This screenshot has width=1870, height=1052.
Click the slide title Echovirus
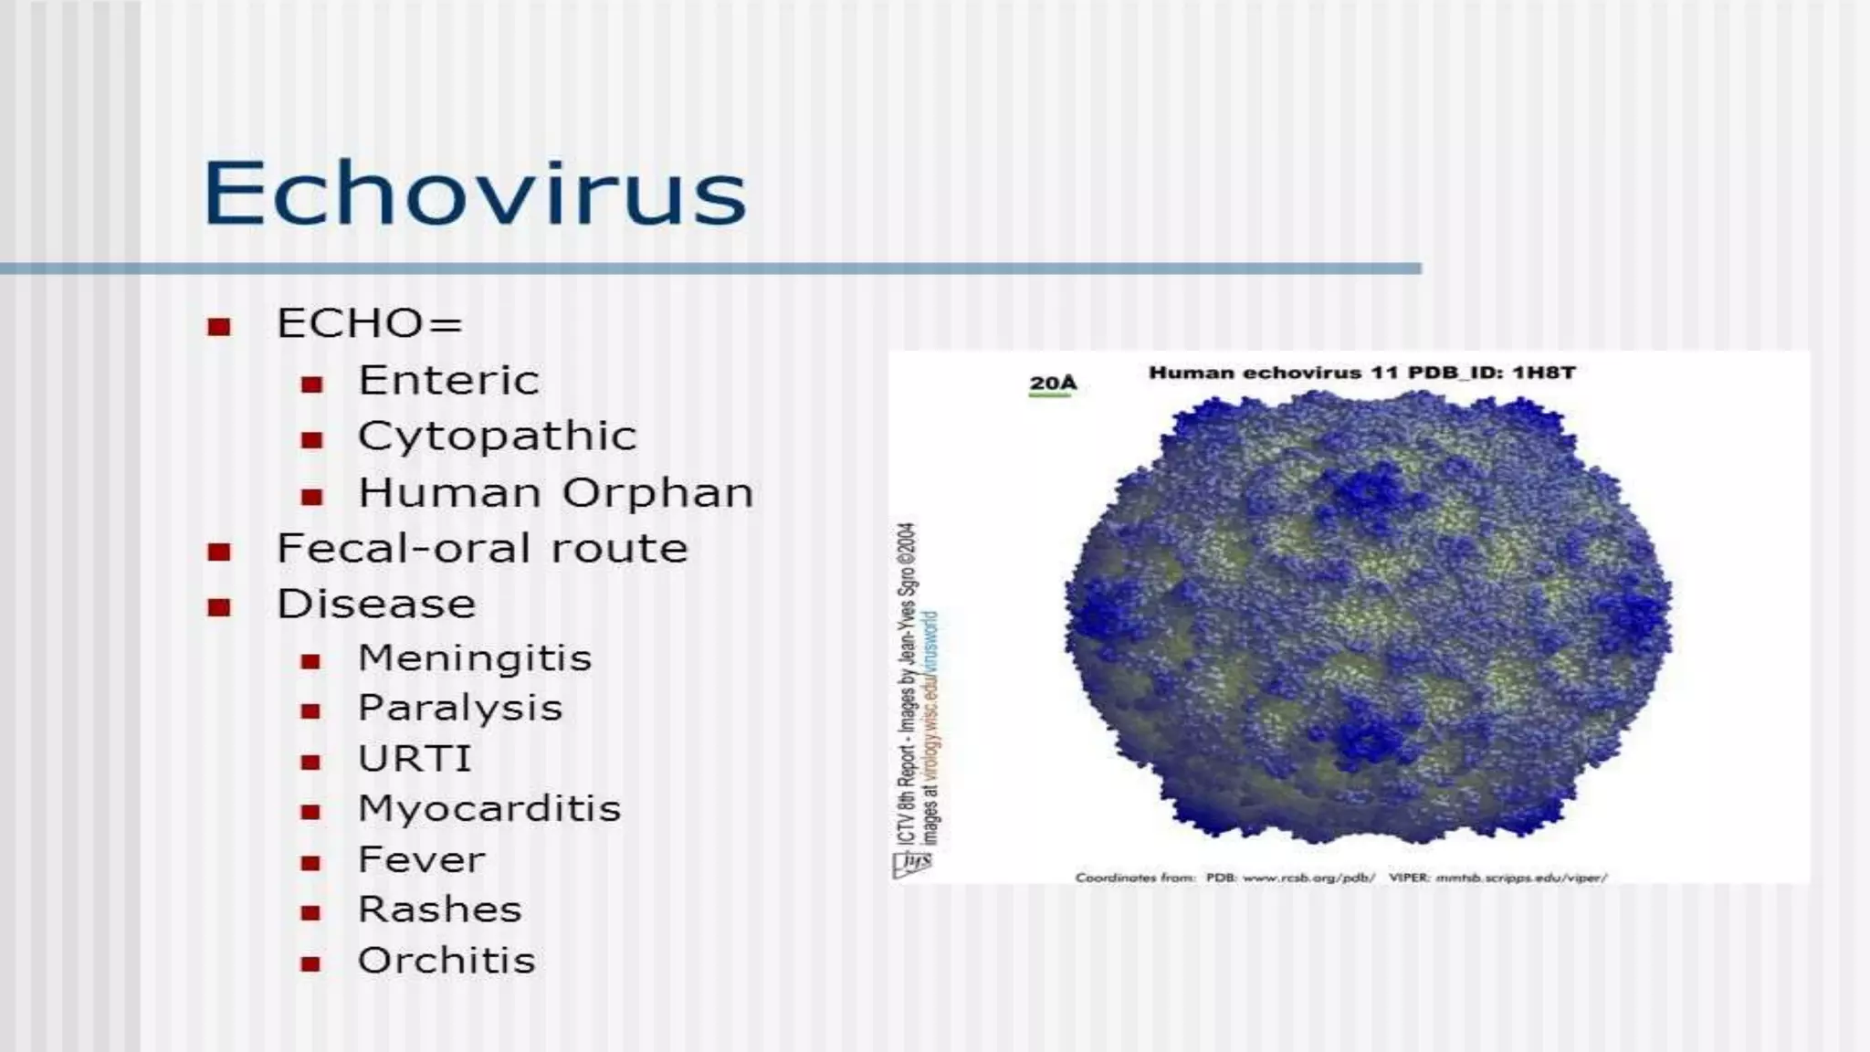click(474, 193)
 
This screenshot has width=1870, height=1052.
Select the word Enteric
click(448, 381)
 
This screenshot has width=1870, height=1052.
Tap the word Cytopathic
click(497, 437)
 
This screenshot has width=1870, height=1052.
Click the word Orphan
click(657, 493)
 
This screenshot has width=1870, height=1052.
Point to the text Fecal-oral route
click(482, 549)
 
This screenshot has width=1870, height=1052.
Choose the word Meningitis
click(475, 658)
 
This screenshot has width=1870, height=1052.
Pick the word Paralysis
click(459, 709)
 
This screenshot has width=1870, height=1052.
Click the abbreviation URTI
click(415, 759)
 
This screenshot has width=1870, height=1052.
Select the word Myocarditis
click(489, 809)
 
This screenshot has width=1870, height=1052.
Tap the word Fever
click(421, 859)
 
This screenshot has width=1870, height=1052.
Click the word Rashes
click(439, 910)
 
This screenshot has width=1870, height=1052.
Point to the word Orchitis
click(446, 961)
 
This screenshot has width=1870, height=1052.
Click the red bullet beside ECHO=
click(219, 327)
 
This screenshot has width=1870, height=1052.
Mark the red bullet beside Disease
click(219, 607)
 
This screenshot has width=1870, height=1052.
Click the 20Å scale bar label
click(1052, 383)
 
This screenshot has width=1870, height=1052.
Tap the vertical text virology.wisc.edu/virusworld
click(930, 694)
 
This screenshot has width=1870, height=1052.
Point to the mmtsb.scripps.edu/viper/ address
click(1521, 878)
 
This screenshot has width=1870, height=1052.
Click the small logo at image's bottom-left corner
click(911, 864)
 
